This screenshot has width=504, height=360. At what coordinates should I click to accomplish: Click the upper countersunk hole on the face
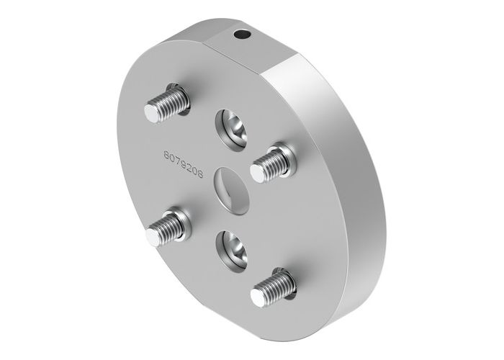point(233,125)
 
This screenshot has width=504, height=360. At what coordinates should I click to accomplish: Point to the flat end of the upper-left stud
point(153,113)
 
